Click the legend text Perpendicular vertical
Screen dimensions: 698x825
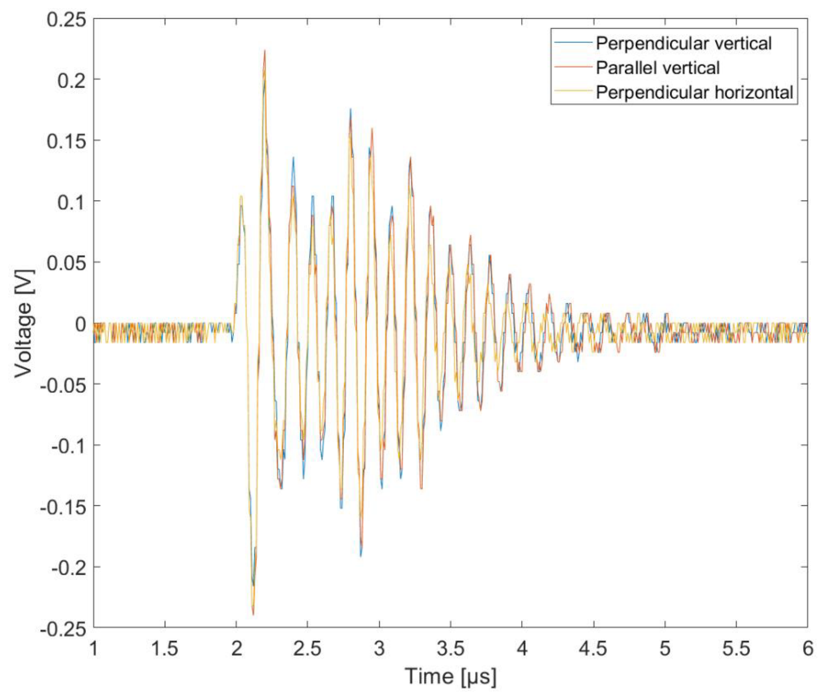683,44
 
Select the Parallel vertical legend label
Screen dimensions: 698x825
657,68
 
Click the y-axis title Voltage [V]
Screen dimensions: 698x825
24,324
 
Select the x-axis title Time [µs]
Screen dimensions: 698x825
450,676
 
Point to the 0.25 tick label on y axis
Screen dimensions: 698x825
66,19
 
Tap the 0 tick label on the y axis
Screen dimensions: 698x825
80,324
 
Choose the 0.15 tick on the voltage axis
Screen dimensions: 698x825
66,141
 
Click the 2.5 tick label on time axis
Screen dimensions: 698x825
307,648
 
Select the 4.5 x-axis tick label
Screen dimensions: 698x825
593,648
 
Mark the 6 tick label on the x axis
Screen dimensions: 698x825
807,648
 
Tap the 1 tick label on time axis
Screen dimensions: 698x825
94,648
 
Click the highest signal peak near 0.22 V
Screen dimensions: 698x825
265,51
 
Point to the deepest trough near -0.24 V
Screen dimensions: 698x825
253,614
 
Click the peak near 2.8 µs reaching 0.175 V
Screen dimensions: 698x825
350,110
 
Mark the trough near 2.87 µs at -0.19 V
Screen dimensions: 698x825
361,555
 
